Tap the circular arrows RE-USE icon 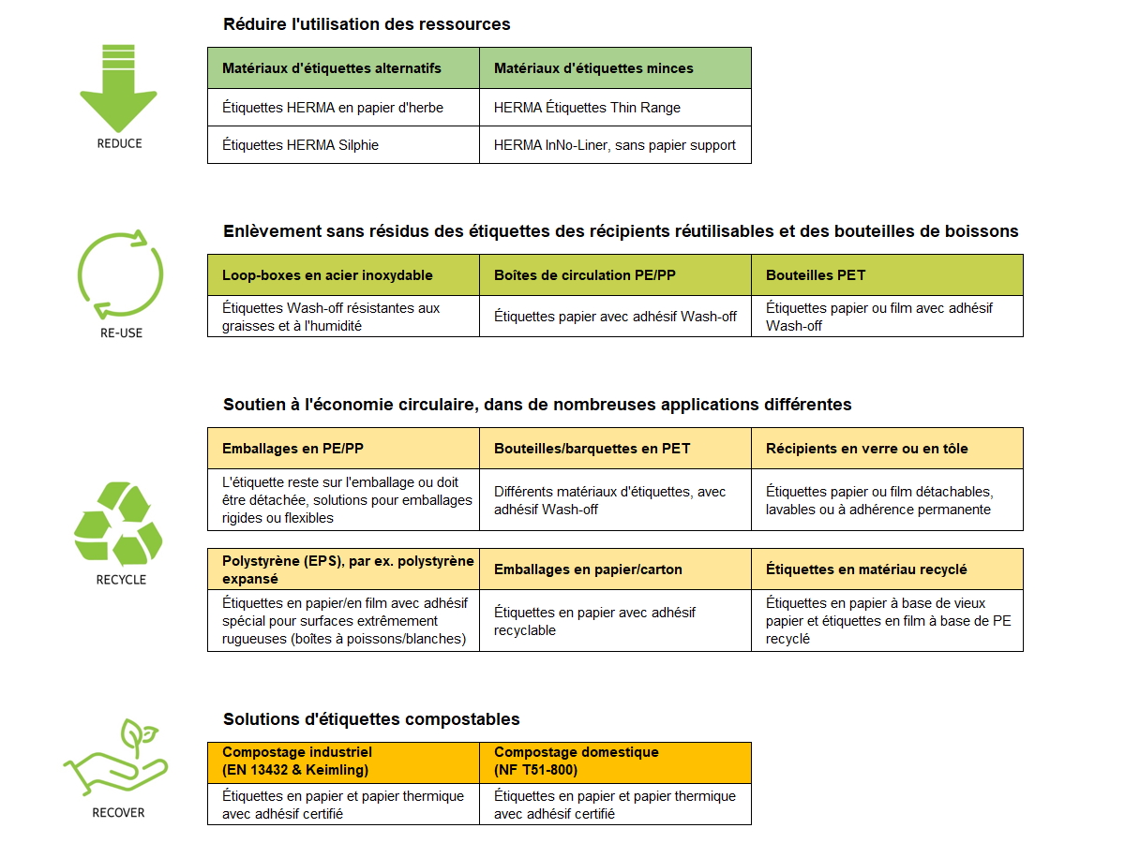119,274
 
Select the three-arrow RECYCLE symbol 118,524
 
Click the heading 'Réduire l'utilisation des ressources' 367,23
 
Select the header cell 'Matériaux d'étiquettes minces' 615,68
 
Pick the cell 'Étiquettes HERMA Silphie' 343,145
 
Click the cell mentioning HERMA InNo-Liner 615,145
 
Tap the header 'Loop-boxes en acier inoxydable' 343,275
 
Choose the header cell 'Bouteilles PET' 887,275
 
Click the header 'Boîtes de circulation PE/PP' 615,275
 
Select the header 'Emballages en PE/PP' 343,449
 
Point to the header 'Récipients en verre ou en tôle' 887,449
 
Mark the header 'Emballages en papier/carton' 615,569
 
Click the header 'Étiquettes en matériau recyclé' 887,569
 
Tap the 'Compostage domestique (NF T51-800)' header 615,762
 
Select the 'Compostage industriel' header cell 343,762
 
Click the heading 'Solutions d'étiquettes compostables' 371,719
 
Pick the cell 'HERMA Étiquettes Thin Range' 615,108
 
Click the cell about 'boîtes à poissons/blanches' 343,621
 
